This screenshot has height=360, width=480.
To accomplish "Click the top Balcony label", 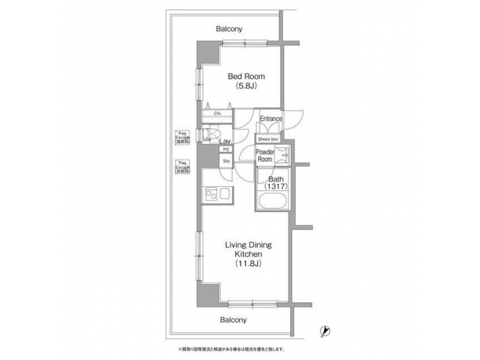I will tap(229, 29).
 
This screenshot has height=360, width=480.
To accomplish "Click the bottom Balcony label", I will tap(233, 320).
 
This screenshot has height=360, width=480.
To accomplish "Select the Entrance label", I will tap(271, 119).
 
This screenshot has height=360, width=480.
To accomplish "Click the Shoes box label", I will tap(268, 139).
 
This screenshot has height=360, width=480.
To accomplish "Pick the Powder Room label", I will tap(265, 156).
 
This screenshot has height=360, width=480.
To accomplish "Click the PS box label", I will tap(226, 150).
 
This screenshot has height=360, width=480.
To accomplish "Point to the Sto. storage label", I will tap(226, 161).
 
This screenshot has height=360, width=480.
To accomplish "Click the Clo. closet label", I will tap(217, 113).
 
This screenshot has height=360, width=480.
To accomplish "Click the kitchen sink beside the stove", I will tap(225, 195).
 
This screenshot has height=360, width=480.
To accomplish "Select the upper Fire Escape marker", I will tap(181, 137).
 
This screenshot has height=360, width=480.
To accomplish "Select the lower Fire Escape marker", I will tap(181, 167).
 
